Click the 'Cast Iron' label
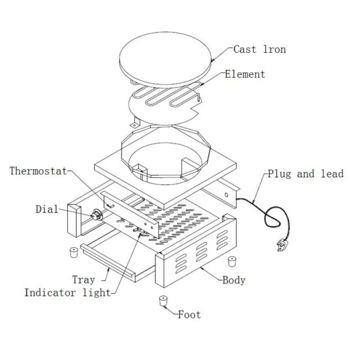click(x=259, y=49)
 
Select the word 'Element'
click(x=245, y=74)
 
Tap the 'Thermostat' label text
click(x=38, y=171)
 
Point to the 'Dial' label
click(x=47, y=209)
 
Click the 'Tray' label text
click(x=84, y=280)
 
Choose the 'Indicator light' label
click(x=67, y=292)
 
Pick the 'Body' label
click(x=234, y=280)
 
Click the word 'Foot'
click(x=189, y=315)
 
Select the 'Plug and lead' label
click(x=306, y=173)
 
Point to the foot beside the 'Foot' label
click(x=163, y=301)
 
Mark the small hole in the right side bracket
click(x=227, y=194)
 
